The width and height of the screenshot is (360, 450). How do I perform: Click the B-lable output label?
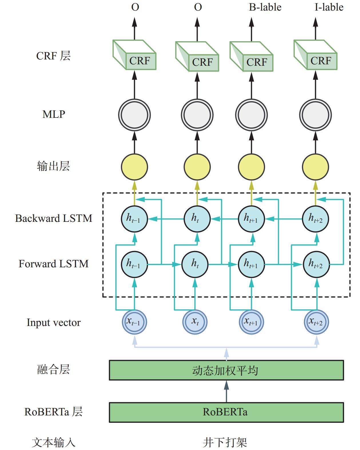(x=265, y=7)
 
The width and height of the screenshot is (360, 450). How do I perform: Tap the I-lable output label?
(x=329, y=7)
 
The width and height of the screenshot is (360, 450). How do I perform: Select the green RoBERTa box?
(x=226, y=412)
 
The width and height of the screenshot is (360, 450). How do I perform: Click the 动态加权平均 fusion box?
(x=226, y=370)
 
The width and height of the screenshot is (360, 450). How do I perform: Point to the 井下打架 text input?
(x=225, y=442)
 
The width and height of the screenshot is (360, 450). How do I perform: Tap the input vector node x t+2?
(x=316, y=322)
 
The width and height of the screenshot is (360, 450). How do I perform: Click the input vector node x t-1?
(x=134, y=322)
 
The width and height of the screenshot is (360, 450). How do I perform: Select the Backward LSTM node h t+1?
(x=251, y=219)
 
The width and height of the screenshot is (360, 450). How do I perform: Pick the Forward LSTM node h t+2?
(x=316, y=264)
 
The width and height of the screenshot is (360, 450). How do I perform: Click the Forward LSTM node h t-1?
(x=134, y=264)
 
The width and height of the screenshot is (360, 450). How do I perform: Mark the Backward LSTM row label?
(x=54, y=218)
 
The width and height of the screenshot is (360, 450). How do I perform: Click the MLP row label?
(x=54, y=114)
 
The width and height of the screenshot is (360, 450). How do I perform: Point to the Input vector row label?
(x=54, y=322)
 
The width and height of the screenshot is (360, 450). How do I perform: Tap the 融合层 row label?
(x=53, y=369)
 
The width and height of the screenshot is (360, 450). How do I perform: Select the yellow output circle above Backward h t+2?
(x=315, y=167)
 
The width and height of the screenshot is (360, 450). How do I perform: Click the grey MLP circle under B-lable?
(x=251, y=115)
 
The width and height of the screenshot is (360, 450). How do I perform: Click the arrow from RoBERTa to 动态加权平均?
(x=226, y=391)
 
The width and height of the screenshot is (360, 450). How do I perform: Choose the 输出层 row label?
(x=53, y=166)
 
